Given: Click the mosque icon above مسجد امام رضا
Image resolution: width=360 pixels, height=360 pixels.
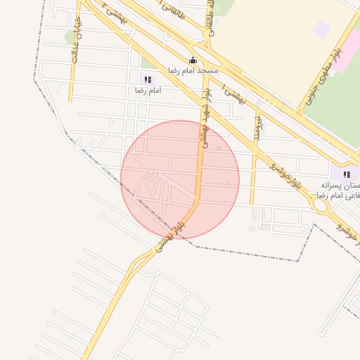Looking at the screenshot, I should (193, 60).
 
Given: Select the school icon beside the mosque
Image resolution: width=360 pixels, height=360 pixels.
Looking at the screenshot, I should (148, 80).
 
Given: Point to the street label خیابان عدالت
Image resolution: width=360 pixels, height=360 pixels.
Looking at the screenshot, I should (75, 39).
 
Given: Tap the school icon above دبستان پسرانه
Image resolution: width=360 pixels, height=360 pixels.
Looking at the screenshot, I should (347, 174).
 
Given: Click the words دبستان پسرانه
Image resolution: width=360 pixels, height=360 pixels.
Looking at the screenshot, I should (340, 185).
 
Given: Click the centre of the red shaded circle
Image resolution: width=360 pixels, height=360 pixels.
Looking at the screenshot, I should (180, 180).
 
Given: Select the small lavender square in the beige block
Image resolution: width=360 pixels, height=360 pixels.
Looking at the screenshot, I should (321, 30).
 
